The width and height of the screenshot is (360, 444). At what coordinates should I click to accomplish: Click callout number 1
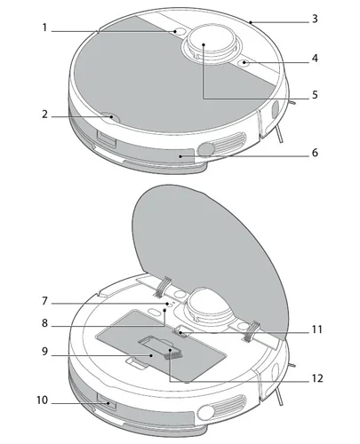44,28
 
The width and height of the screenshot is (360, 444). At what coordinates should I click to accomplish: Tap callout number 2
44,114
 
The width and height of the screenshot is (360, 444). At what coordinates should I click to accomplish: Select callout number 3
315,19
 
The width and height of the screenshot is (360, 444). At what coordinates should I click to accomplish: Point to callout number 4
315,59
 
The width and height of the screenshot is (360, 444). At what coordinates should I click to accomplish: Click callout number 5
315,95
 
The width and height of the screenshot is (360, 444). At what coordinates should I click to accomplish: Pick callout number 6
315,153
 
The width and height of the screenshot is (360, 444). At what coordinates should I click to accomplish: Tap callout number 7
44,301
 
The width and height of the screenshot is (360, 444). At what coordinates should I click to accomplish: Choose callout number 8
44,323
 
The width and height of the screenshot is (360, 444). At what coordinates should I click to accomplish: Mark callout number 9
44,352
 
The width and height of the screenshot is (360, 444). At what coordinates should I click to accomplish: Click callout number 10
42,400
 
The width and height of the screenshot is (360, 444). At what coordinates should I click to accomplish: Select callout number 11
317,329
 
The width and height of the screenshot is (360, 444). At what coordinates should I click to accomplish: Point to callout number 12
317,378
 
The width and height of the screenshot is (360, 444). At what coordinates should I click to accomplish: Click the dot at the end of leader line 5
204,44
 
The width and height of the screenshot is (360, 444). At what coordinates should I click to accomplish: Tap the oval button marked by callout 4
244,62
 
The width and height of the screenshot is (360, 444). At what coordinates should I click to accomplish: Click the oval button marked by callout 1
179,32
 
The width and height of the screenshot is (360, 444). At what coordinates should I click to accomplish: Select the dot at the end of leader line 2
111,117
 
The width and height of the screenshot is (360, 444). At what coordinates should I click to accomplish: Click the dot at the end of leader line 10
108,403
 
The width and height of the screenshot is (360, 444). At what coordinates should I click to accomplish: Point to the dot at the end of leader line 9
151,355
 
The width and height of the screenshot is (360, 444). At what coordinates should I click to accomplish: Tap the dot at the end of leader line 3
251,22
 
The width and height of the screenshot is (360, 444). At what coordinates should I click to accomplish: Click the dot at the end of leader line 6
180,155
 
